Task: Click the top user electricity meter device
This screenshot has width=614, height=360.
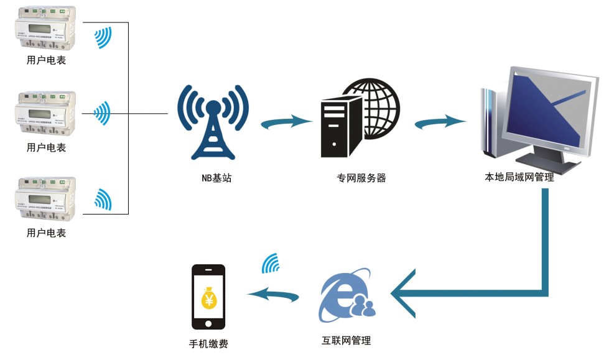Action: [x=45, y=29]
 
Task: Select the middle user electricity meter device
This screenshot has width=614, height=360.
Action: [x=45, y=114]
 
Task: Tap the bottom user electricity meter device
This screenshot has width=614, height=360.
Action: [x=45, y=200]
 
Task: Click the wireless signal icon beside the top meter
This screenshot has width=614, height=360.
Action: [x=103, y=37]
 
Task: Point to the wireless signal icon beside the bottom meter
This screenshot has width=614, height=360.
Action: [x=103, y=198]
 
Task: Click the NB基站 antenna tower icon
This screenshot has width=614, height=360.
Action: [x=213, y=121]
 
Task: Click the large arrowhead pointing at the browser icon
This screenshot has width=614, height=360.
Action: [x=404, y=293]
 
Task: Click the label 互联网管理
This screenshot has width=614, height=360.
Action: [x=346, y=340]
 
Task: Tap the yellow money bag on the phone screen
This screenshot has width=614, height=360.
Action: [x=208, y=300]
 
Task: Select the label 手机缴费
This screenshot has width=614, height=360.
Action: [x=208, y=343]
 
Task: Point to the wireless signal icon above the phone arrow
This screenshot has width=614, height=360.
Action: [x=271, y=264]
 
